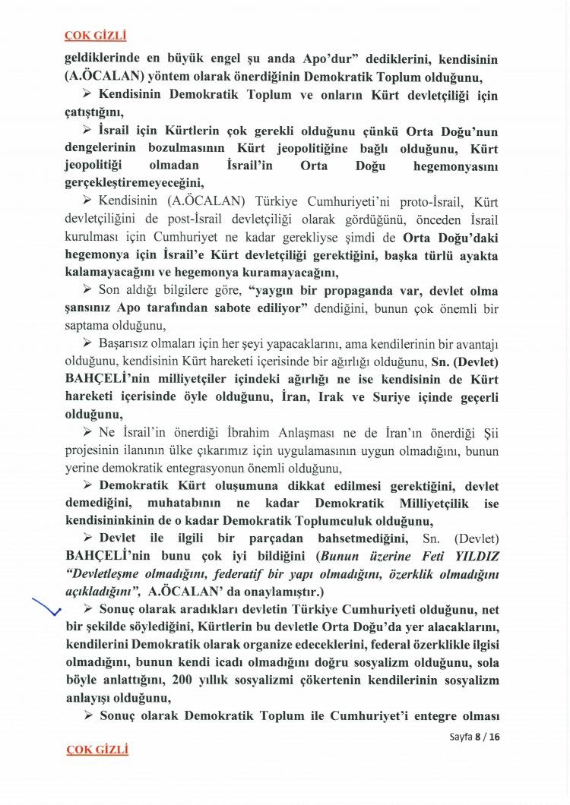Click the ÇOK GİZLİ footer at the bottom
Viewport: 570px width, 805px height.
pyautogui.click(x=97, y=750)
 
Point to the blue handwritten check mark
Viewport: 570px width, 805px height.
pyautogui.click(x=47, y=608)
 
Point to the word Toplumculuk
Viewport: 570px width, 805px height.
pyautogui.click(x=324, y=521)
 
